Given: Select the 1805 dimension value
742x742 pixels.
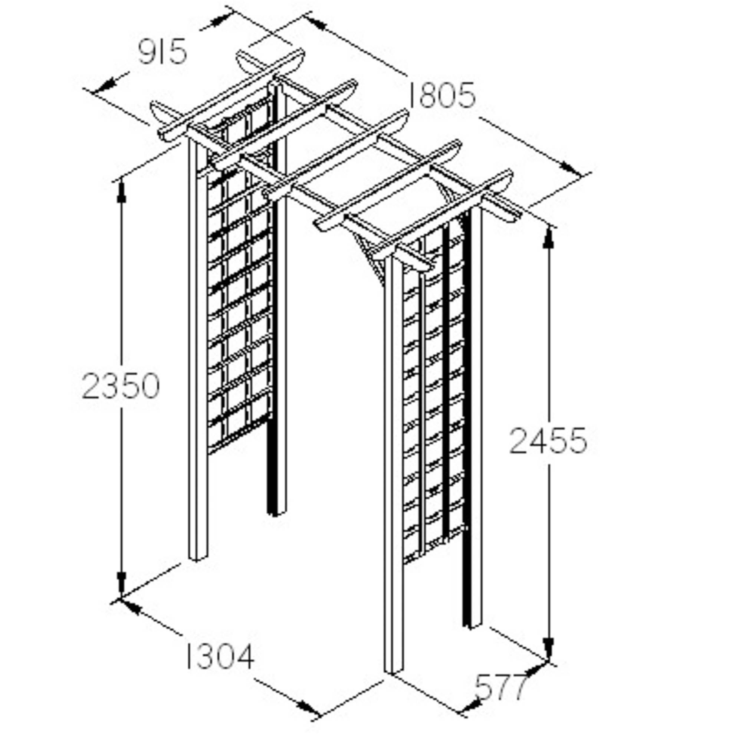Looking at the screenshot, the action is click(x=441, y=96).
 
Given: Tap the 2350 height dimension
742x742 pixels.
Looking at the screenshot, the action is click(x=121, y=385).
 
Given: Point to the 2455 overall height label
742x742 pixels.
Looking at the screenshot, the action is click(x=548, y=441).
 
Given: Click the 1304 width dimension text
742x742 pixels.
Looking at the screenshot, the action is click(x=220, y=657).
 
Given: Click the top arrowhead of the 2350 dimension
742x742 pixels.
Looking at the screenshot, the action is click(x=122, y=191).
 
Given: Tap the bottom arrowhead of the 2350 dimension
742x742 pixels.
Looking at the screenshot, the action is click(x=122, y=588).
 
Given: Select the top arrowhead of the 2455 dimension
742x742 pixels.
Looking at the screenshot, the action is click(x=549, y=238).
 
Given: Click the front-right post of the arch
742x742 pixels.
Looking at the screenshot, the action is click(x=394, y=465).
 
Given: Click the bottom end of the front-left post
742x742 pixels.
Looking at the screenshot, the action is click(x=198, y=560).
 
